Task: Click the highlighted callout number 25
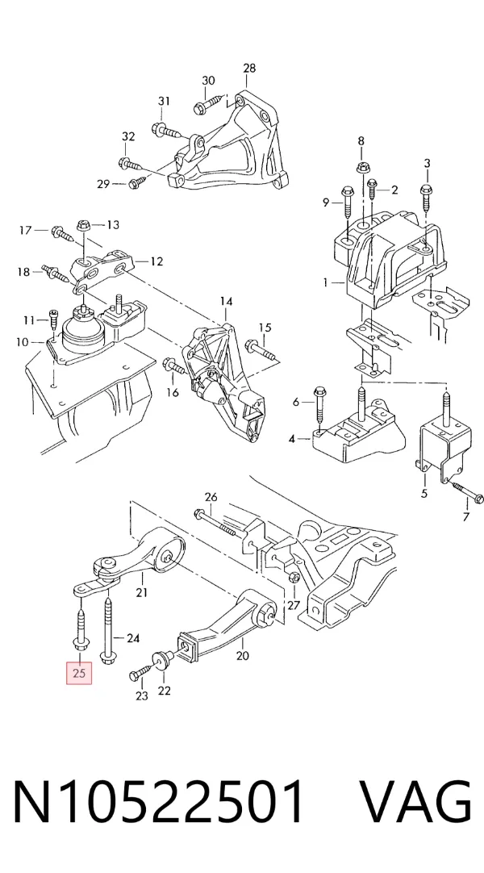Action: click(79, 673)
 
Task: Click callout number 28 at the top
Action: click(249, 68)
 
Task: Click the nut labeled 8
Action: click(361, 166)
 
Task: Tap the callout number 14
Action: click(226, 302)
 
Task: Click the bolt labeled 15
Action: click(261, 349)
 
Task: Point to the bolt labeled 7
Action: click(467, 493)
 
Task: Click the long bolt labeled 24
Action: click(108, 629)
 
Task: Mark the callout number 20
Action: click(243, 655)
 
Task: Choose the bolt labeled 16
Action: click(175, 367)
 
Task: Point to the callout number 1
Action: click(326, 283)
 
